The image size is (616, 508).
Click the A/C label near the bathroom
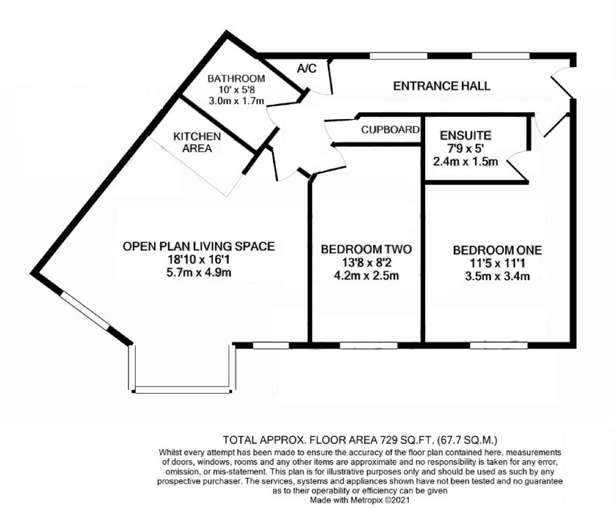coord(307,69)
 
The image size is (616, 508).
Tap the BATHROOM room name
coord(236,79)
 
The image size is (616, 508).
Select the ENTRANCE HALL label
coord(442,86)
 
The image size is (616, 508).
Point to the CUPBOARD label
coord(390,129)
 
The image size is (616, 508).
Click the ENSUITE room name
coord(465,135)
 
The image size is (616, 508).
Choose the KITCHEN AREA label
coord(197,142)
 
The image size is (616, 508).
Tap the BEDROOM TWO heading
coord(366,249)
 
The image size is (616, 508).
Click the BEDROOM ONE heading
coord(497,250)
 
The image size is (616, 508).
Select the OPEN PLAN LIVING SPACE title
coord(198,246)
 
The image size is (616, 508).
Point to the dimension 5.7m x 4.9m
coord(198,272)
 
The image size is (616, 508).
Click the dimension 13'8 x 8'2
coord(366,262)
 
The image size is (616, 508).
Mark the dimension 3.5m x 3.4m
coord(497,276)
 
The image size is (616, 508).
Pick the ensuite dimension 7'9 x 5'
coord(465,149)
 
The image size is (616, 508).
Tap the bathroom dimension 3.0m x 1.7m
coord(236,100)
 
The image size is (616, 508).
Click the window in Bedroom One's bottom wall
coord(498,346)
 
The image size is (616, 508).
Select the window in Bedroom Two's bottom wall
coord(368,346)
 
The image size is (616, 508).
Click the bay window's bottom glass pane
coord(182,390)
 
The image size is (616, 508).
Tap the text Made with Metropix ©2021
coord(360,500)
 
